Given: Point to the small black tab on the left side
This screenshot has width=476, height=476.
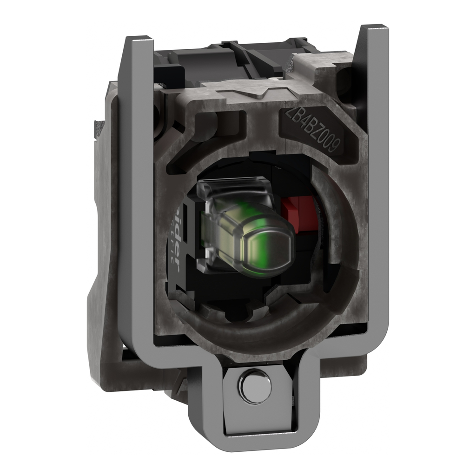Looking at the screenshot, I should pos(99,126).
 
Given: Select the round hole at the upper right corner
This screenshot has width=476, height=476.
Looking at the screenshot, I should pos(344,77).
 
